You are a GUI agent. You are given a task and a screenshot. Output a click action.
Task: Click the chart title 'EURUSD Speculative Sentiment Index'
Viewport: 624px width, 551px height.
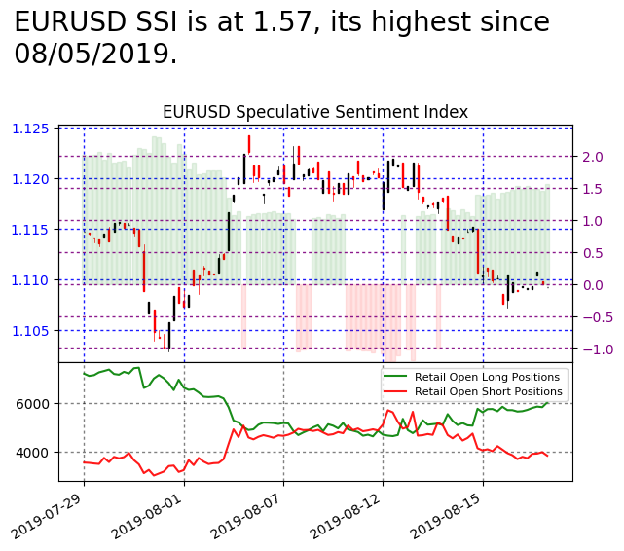(x=314, y=112)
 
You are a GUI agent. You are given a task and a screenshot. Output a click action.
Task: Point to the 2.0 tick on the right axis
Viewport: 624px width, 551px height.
(x=593, y=157)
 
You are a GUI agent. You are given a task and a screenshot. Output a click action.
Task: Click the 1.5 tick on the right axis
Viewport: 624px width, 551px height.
(x=593, y=189)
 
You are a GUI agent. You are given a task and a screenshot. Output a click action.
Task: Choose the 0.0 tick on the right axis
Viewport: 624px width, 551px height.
(x=593, y=285)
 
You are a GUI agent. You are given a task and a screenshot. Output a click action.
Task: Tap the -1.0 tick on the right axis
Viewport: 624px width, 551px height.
(x=589, y=349)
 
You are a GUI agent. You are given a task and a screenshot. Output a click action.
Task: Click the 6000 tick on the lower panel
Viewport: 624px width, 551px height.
(x=36, y=404)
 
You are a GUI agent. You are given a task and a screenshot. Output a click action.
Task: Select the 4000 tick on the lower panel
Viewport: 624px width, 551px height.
(x=36, y=453)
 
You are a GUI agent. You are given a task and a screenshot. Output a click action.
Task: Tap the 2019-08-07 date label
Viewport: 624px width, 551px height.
(x=258, y=516)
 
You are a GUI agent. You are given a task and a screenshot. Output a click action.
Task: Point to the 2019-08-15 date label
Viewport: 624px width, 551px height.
(x=458, y=516)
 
